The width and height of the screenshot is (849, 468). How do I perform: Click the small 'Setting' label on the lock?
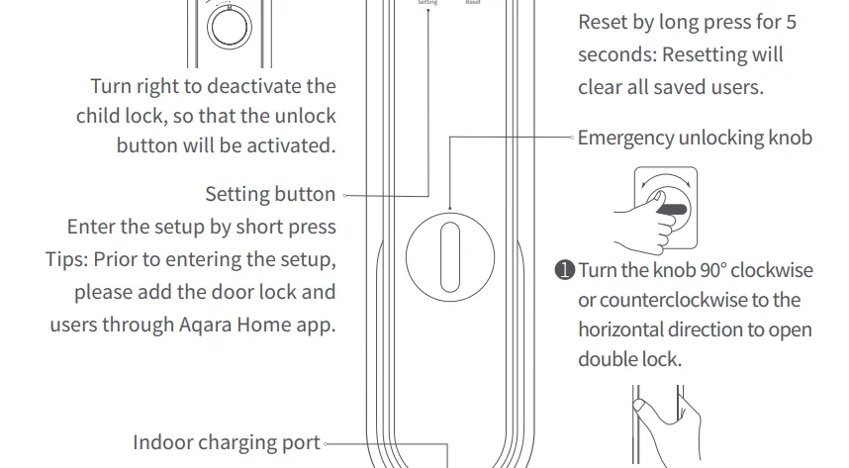[427, 4]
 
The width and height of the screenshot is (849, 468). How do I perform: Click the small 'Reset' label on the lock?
[473, 4]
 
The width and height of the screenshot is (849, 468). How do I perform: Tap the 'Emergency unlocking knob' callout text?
[695, 138]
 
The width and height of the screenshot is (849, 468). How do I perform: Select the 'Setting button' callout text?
[270, 193]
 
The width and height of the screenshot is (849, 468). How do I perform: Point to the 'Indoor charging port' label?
[227, 442]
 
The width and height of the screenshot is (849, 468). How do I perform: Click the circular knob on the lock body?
[449, 254]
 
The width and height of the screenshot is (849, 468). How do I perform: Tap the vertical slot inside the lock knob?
[449, 254]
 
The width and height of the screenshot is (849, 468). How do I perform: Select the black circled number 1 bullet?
[565, 270]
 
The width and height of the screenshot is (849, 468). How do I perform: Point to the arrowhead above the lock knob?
[449, 208]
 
